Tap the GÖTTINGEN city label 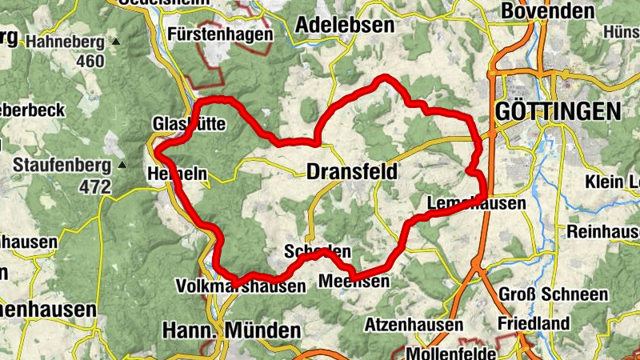coord(558,111)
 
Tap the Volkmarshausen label coord(241,286)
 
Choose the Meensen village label coord(354,281)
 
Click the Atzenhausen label coord(414,325)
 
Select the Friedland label coord(533,323)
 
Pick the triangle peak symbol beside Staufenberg coord(122,166)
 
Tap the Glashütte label coord(189,124)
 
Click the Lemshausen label coord(477,203)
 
